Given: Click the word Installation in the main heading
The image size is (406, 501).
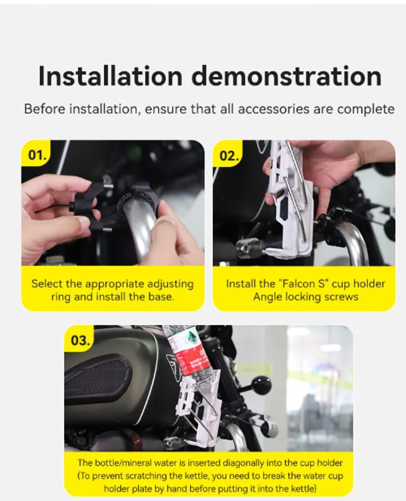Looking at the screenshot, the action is tap(110, 76).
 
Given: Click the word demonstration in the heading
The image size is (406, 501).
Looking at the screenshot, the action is tap(287, 76).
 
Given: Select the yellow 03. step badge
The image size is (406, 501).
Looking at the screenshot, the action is tap(80, 341).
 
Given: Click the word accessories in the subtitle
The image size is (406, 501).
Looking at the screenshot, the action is tap(274, 109).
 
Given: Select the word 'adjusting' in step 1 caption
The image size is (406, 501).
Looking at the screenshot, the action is tap(169, 284).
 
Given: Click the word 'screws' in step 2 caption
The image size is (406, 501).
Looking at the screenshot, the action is tap(341, 297).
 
